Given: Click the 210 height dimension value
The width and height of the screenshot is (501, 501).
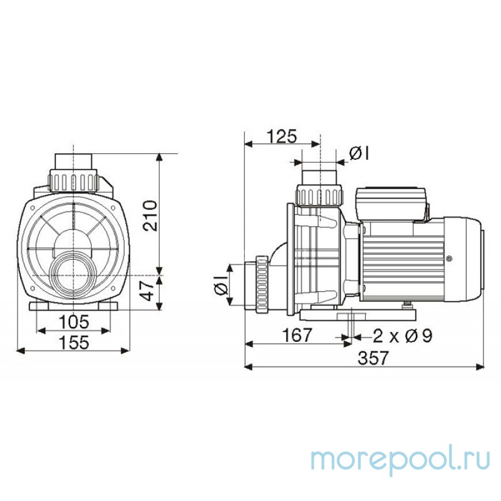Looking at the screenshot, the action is click(x=150, y=215).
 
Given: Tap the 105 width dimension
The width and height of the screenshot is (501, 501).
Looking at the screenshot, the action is click(x=73, y=321).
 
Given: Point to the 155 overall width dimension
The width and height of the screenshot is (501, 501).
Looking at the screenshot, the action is click(x=74, y=343).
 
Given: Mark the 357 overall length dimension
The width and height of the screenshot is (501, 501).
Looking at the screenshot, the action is click(x=373, y=358).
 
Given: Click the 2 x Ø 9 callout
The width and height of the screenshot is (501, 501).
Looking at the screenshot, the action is click(x=403, y=336).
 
